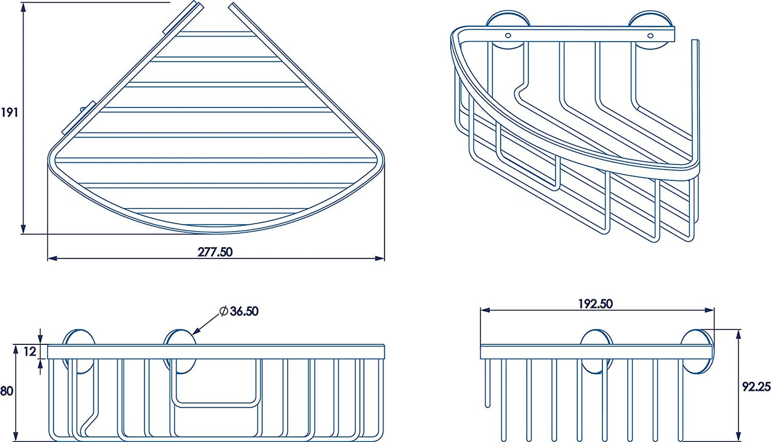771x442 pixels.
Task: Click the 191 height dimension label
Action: [9, 113]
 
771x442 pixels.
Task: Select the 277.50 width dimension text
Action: [215, 252]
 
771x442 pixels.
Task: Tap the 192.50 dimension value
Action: [595, 304]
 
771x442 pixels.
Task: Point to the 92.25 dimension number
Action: [756, 386]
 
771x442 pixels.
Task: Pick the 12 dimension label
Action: [30, 351]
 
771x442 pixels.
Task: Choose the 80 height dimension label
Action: [6, 391]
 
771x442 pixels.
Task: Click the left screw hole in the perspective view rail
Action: [508, 35]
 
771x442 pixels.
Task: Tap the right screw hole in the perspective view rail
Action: [650, 35]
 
